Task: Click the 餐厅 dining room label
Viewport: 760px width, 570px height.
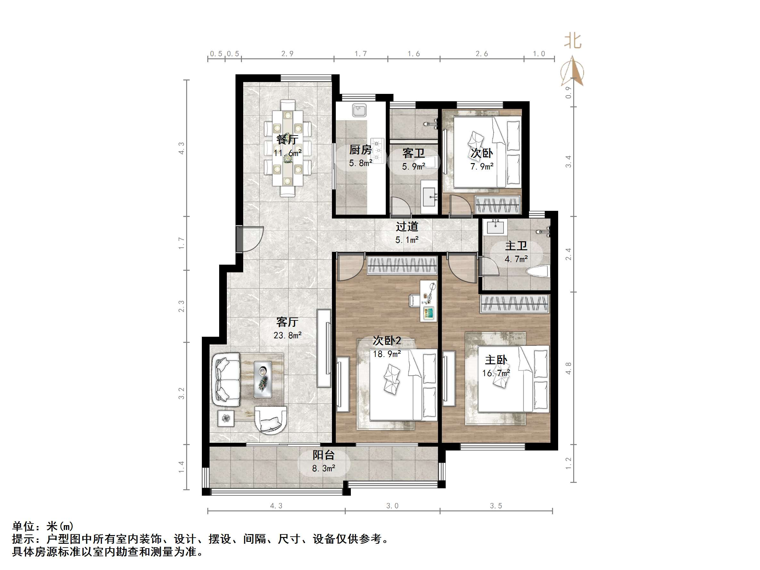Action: (287, 140)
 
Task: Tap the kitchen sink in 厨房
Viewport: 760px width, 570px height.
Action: (359, 110)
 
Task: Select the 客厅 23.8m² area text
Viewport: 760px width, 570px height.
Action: (288, 335)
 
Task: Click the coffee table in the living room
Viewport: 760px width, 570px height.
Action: (262, 379)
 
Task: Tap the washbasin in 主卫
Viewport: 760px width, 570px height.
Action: (495, 227)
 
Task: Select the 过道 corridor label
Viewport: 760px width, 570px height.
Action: (407, 227)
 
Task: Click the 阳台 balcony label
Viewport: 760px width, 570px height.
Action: (323, 455)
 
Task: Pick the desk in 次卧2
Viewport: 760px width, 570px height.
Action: (428, 301)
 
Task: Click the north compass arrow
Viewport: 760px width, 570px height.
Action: (573, 71)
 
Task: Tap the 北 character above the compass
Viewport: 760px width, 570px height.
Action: (573, 41)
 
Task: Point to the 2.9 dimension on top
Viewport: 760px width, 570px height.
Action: (287, 54)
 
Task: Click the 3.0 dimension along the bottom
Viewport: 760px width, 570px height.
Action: (392, 506)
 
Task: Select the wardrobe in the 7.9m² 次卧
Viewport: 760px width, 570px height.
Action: (498, 205)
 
